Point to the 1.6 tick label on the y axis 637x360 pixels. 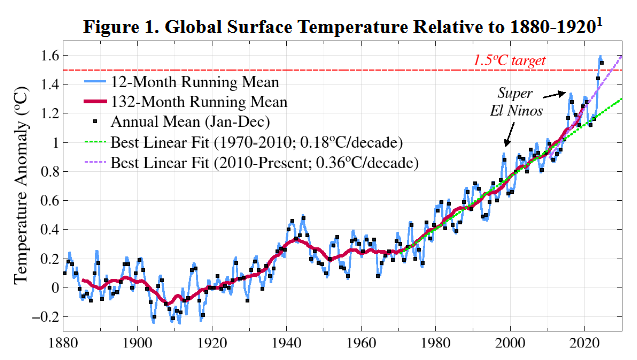click(x=46, y=55)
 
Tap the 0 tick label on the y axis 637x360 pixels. click(x=53, y=287)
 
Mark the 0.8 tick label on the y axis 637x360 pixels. click(x=46, y=171)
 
